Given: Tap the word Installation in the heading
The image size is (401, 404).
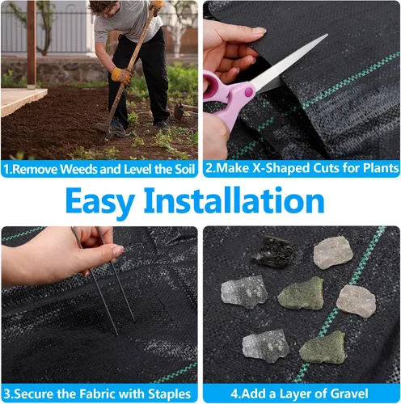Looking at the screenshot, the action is tap(234, 200).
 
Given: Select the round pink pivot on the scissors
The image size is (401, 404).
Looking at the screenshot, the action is tap(249, 92).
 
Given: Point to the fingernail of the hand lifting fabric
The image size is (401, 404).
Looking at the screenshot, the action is tap(259, 30).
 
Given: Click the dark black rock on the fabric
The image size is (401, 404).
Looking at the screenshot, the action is tap(273, 251).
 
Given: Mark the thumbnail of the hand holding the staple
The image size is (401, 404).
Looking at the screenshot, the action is tap(118, 250).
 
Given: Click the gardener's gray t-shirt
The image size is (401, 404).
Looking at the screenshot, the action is tap(127, 22).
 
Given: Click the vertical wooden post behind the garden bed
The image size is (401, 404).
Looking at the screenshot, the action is tap(32, 43).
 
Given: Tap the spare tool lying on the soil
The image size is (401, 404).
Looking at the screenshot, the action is tap(184, 110).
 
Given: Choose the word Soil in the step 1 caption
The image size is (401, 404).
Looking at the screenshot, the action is tap(184, 169).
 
